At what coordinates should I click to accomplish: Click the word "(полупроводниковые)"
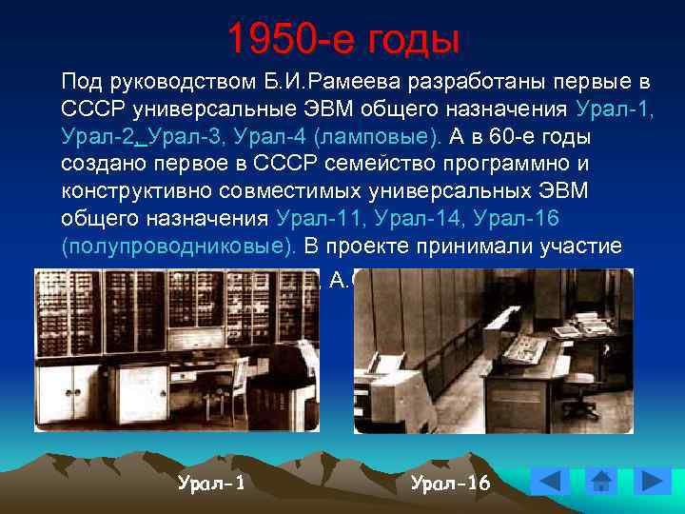click(x=178, y=246)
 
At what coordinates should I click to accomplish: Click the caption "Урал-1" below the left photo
click(x=211, y=483)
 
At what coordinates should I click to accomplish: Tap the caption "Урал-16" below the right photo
click(x=450, y=483)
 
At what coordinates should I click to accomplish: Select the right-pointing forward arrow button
click(x=652, y=481)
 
